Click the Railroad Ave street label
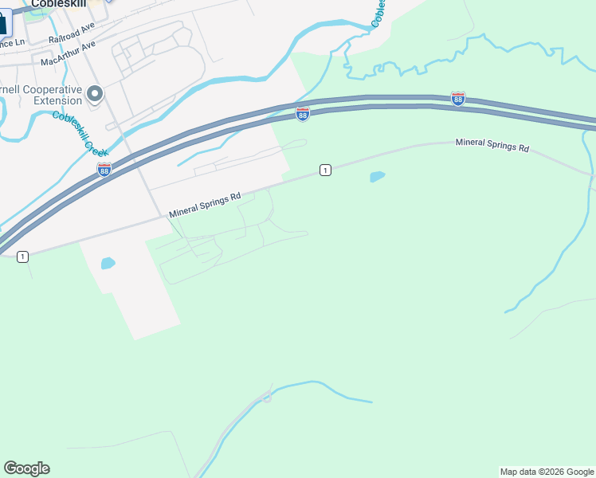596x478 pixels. tap(72, 33)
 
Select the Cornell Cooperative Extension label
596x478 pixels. tap(41, 95)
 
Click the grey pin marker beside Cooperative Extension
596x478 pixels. tap(95, 95)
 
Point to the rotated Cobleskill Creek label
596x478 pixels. tap(80, 132)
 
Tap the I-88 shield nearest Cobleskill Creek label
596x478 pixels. tap(104, 169)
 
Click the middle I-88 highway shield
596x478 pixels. tap(302, 114)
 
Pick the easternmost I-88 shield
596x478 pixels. tap(457, 98)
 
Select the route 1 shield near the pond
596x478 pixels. tap(325, 170)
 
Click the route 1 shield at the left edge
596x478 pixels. tap(22, 256)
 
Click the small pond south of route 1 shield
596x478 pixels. tap(378, 176)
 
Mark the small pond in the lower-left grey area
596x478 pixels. tap(108, 263)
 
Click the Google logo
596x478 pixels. tap(26, 468)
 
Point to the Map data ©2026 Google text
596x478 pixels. tap(547, 472)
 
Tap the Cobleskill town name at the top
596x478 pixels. tap(58, 4)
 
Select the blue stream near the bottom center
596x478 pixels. tap(319, 387)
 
